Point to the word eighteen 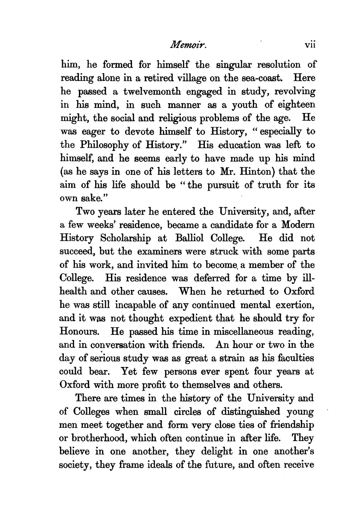[290, 104]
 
